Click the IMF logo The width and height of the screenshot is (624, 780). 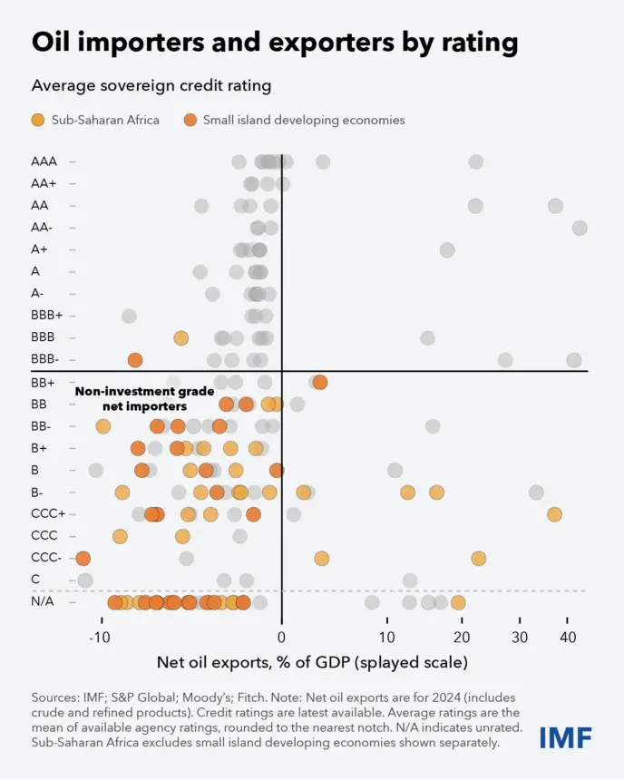coord(566,737)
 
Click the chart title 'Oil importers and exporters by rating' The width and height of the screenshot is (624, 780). coord(275,43)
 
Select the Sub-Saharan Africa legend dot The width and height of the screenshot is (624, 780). coord(38,120)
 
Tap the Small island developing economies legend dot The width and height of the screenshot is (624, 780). coord(190,120)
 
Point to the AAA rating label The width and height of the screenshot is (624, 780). coord(44,161)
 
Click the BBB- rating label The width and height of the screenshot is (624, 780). coord(44,358)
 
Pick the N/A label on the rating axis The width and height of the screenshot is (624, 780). coord(43,601)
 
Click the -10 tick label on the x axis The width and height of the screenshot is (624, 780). coord(100,638)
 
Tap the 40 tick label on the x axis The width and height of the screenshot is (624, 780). coord(568,638)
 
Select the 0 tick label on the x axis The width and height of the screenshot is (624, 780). coord(282,638)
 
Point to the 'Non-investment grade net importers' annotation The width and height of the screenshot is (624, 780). coord(145,399)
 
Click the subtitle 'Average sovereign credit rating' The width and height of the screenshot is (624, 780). coord(151,86)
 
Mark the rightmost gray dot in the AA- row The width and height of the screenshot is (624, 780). coord(580,228)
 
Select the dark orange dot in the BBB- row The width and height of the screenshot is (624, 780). coord(135,360)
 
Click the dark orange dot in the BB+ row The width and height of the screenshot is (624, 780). coord(320,382)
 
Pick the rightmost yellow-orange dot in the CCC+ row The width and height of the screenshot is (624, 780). coord(554,514)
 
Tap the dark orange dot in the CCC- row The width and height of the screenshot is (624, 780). coord(83,558)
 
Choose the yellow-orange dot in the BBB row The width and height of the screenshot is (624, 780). coord(181,338)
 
